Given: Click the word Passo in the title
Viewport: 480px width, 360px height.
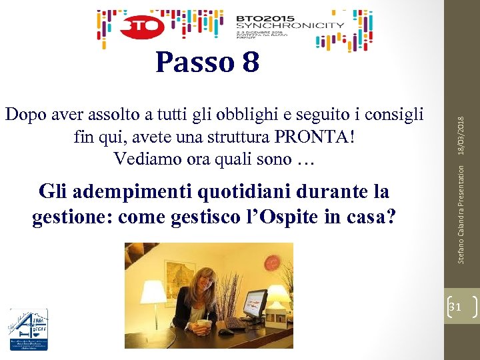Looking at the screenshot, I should tap(193, 63).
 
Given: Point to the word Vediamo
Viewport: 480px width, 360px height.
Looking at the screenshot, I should tap(145, 159).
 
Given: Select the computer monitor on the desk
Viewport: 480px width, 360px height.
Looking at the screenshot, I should tap(254, 304).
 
